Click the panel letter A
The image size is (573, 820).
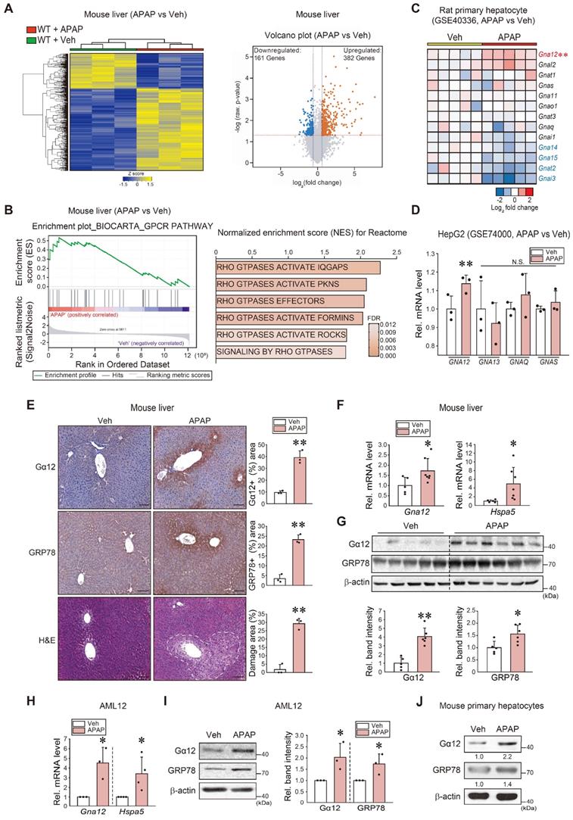(10, 8)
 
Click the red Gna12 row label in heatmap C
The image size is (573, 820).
(548, 55)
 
